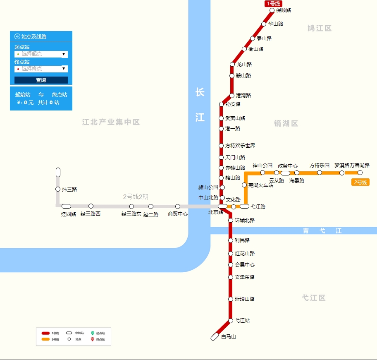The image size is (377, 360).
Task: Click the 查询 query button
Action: (41, 80)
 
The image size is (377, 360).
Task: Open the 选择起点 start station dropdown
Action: (41, 54)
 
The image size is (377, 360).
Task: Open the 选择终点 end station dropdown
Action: (41, 69)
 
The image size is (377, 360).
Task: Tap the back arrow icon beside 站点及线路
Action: (17, 36)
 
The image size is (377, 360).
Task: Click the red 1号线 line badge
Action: (273, 4)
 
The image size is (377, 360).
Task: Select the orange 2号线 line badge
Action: (360, 182)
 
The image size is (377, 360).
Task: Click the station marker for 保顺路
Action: (272, 11)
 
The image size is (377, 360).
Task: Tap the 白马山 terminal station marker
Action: (215, 337)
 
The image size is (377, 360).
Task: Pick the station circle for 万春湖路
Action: (360, 173)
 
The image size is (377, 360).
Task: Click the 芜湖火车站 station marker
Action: (244, 185)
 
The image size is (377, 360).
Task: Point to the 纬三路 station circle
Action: (58, 189)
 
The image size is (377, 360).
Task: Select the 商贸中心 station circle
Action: (178, 206)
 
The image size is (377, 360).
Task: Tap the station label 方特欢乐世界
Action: (240, 146)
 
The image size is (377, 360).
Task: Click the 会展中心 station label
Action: (245, 265)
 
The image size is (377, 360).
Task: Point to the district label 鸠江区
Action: (320, 28)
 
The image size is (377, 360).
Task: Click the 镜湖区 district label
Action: (286, 123)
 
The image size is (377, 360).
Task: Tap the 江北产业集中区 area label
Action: (111, 122)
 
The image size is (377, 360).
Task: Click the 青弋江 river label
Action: (322, 230)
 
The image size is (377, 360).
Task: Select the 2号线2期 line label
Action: (136, 197)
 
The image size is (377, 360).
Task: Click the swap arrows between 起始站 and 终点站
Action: (41, 95)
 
